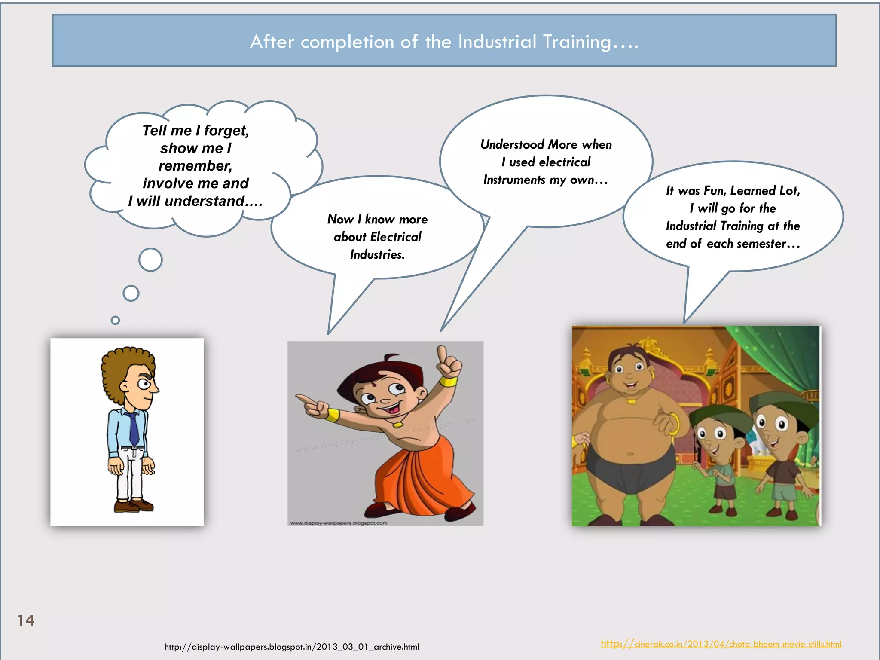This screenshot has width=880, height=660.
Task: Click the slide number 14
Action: tap(26, 620)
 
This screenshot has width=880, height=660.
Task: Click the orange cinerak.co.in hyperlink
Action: tap(721, 644)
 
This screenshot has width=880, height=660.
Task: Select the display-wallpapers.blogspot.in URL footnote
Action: tap(291, 647)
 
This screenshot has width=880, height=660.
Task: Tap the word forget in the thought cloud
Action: tap(226, 130)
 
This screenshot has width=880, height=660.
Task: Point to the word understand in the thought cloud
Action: tap(205, 201)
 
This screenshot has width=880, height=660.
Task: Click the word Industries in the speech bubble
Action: tap(377, 254)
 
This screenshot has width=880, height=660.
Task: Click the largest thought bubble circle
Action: tap(150, 260)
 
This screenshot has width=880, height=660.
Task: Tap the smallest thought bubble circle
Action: tap(115, 320)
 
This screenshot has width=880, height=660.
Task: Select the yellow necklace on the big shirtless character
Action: tap(631, 401)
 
